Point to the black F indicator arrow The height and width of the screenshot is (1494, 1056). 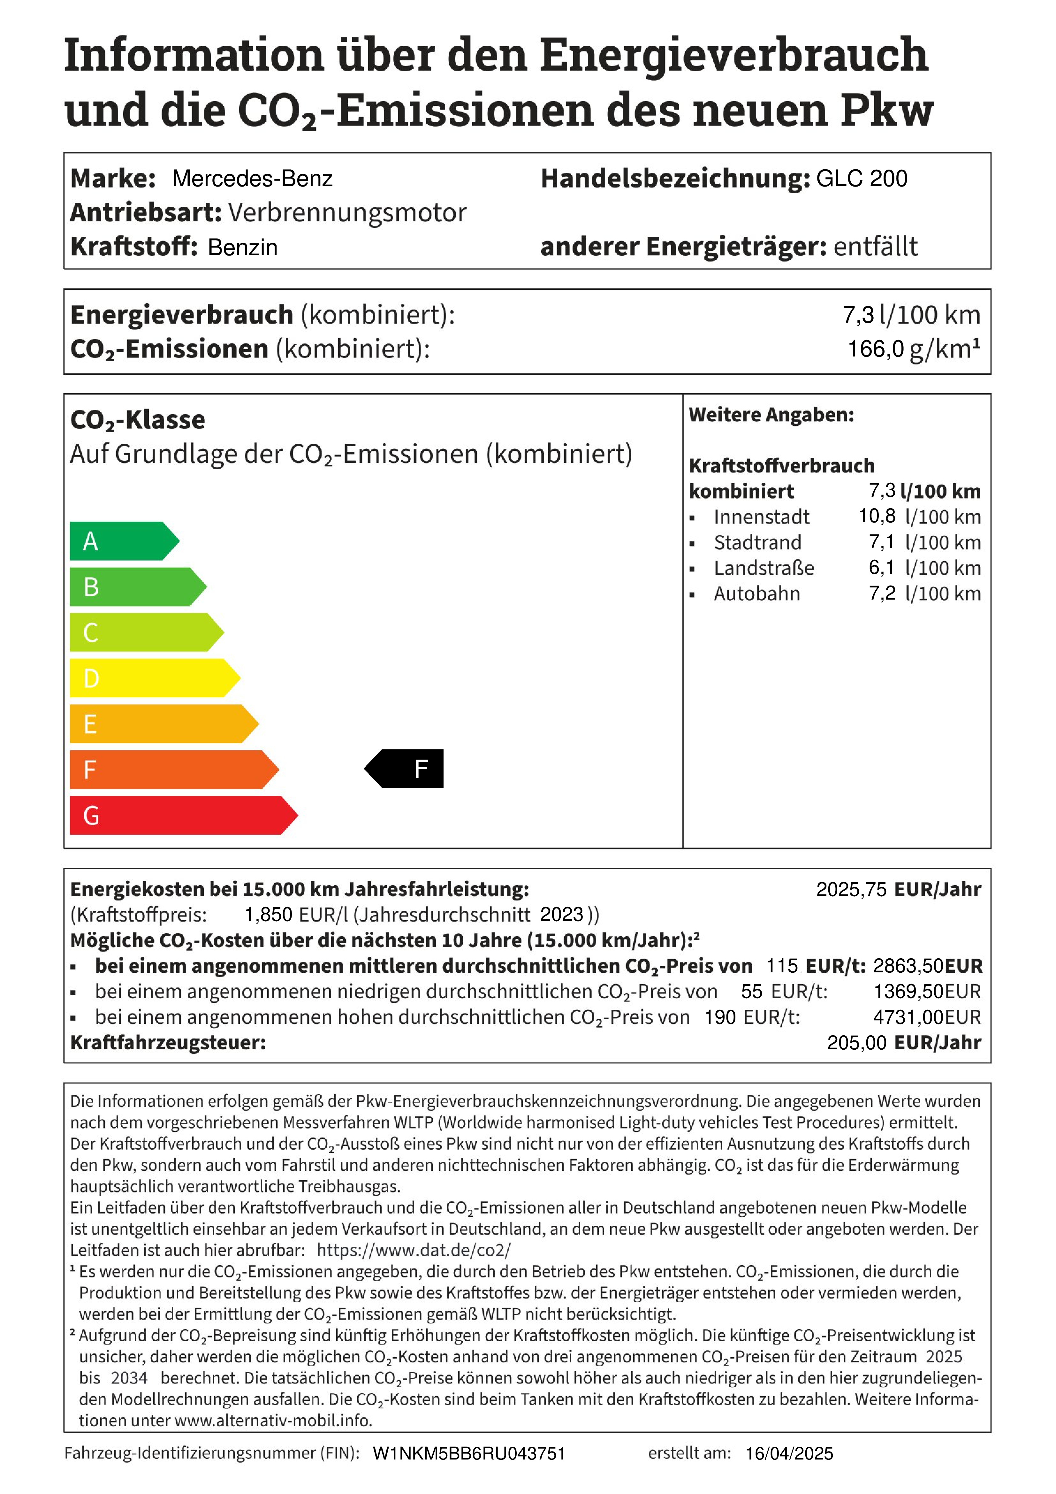click(405, 769)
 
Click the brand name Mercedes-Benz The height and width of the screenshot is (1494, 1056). click(253, 178)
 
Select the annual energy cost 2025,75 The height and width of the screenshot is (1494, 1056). click(851, 890)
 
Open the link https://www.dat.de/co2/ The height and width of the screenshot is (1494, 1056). click(414, 1250)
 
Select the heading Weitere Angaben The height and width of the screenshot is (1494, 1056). click(771, 415)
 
